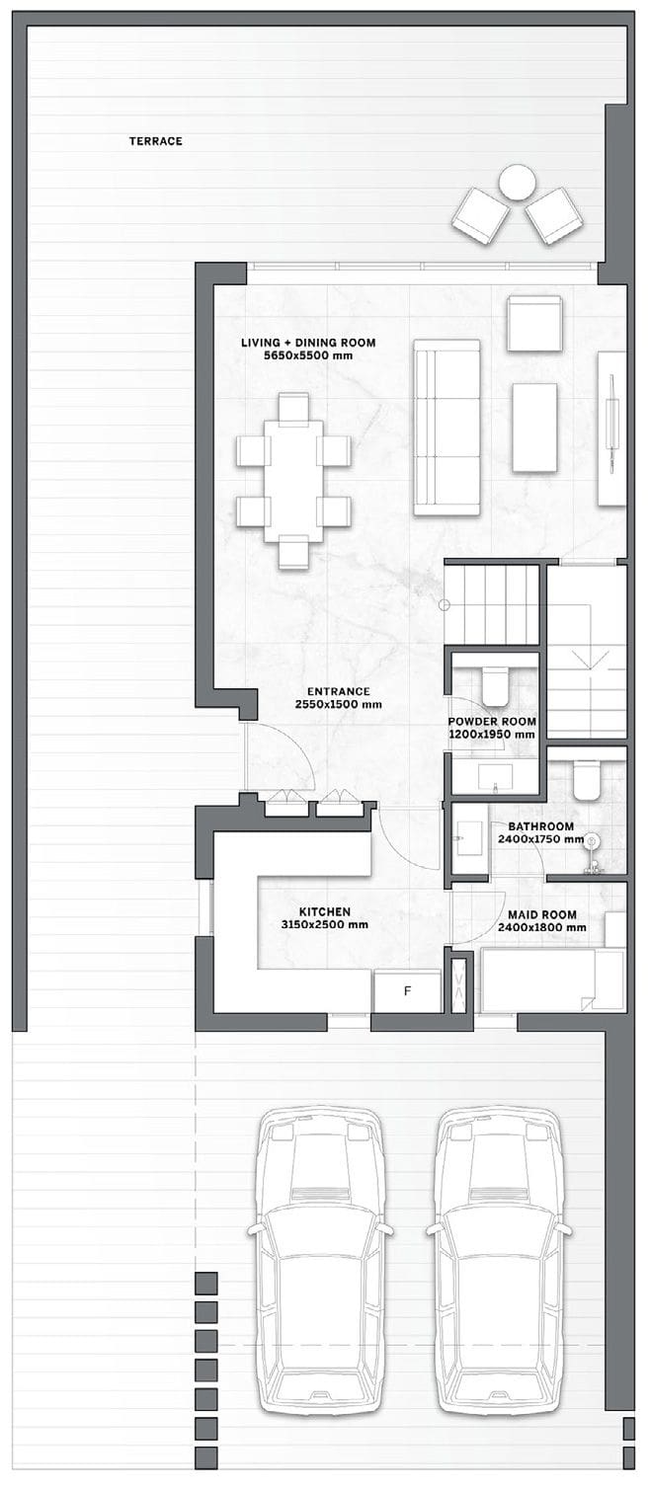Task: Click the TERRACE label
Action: [155, 141]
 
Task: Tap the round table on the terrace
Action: [517, 182]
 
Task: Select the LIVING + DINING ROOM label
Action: [308, 343]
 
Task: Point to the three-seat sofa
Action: [447, 428]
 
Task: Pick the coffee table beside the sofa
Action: [534, 428]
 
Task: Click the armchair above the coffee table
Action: [535, 324]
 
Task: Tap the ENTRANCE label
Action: [338, 691]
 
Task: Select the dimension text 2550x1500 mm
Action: [338, 704]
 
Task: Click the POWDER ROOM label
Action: [492, 722]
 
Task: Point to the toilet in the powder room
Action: [495, 685]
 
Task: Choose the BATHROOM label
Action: [541, 826]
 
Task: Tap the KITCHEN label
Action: [324, 912]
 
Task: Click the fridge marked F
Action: [407, 991]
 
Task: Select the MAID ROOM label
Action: [542, 914]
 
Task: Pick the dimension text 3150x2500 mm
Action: [324, 924]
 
